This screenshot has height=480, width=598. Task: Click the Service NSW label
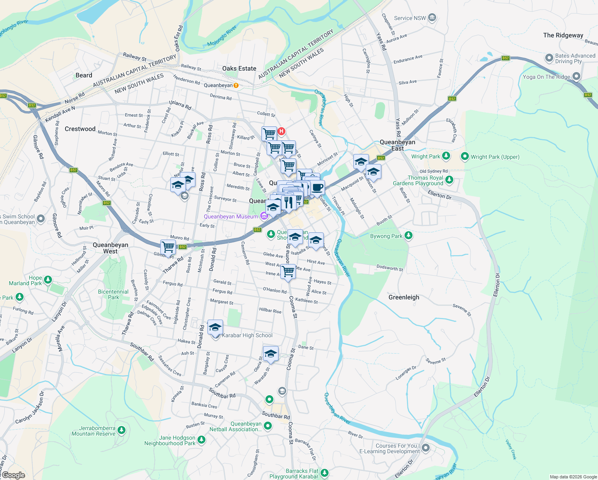coord(410,18)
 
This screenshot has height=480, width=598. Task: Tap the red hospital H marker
coord(281,131)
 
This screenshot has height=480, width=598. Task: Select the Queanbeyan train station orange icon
coord(236,86)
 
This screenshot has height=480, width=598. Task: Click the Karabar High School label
coord(247,336)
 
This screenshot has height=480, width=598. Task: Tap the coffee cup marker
coord(317,187)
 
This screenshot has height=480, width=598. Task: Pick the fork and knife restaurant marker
coord(288,202)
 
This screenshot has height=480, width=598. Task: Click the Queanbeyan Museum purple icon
coord(264,216)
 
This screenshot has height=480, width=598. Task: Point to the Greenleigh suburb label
coord(404,297)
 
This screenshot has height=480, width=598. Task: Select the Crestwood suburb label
coord(80,129)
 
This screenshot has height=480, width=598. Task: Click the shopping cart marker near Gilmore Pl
coord(168,247)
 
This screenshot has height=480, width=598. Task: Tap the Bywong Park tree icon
coord(409,235)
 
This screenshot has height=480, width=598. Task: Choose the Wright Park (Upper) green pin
coord(464,156)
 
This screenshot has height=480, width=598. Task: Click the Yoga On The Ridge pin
coord(576,76)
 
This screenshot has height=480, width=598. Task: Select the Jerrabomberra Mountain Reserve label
coord(94,431)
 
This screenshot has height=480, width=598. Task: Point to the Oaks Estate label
coord(239,68)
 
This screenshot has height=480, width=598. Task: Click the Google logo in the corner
coord(14,475)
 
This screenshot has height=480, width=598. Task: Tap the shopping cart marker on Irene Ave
coord(288,271)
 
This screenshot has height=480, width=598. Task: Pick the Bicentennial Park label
coord(113,294)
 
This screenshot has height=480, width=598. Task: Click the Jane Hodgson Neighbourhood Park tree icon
coord(202,440)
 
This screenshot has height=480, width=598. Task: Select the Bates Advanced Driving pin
coord(549,58)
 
